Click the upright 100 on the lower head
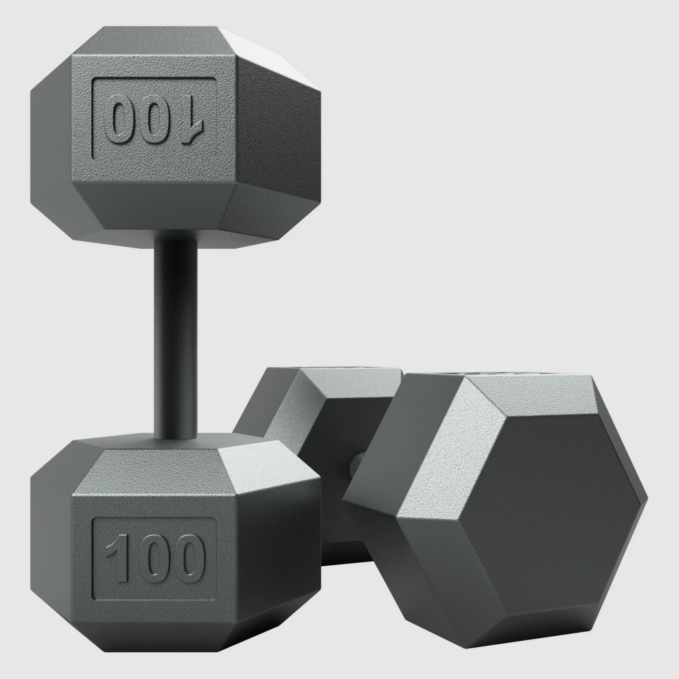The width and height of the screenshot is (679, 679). (154, 557)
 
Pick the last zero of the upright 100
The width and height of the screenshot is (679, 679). (187, 557)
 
